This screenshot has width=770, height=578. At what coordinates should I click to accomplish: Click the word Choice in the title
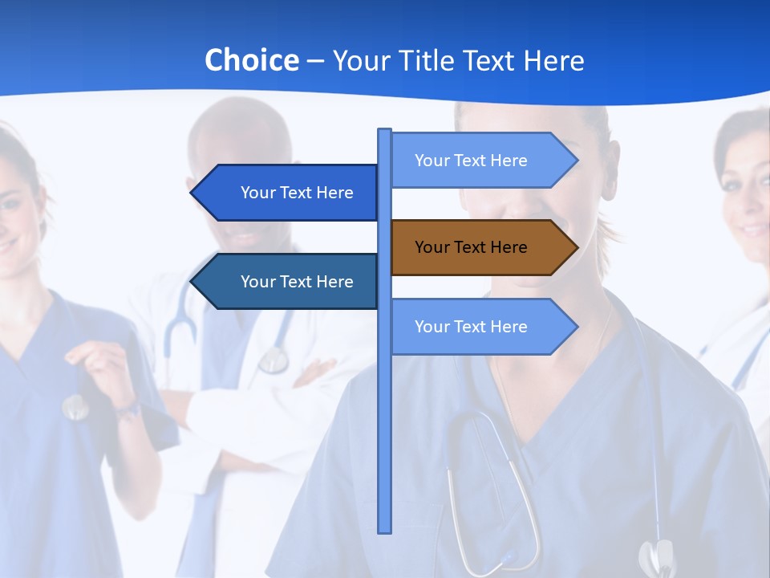tap(251, 60)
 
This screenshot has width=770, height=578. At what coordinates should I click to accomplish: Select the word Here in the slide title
tap(553, 60)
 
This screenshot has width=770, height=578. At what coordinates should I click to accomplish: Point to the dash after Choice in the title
tap(315, 61)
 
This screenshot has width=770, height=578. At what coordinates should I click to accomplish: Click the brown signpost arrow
tap(481, 247)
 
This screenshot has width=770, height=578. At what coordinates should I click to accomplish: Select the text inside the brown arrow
tap(471, 247)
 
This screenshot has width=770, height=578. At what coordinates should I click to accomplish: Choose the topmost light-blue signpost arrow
tap(481, 161)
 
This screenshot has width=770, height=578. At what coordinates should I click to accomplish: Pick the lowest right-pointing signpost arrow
tap(481, 327)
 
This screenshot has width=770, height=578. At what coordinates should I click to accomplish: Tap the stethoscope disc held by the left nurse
tap(75, 407)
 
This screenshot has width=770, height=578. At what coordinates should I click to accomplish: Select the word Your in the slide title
tap(360, 60)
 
